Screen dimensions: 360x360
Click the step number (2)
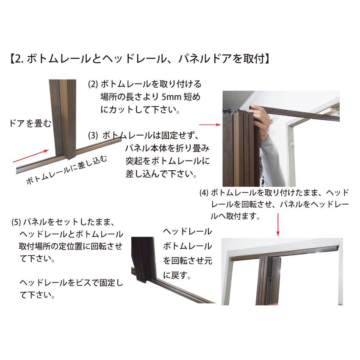(x=93, y=84)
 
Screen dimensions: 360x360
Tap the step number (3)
(x=93, y=136)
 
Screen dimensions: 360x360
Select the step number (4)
(x=204, y=193)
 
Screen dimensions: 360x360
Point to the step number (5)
(x=16, y=222)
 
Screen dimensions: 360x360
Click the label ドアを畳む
(x=30, y=124)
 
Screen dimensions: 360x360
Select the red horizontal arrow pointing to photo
(x=210, y=125)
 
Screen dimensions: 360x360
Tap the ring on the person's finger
(x=263, y=120)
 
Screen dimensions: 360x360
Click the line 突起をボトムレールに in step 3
(x=167, y=161)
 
